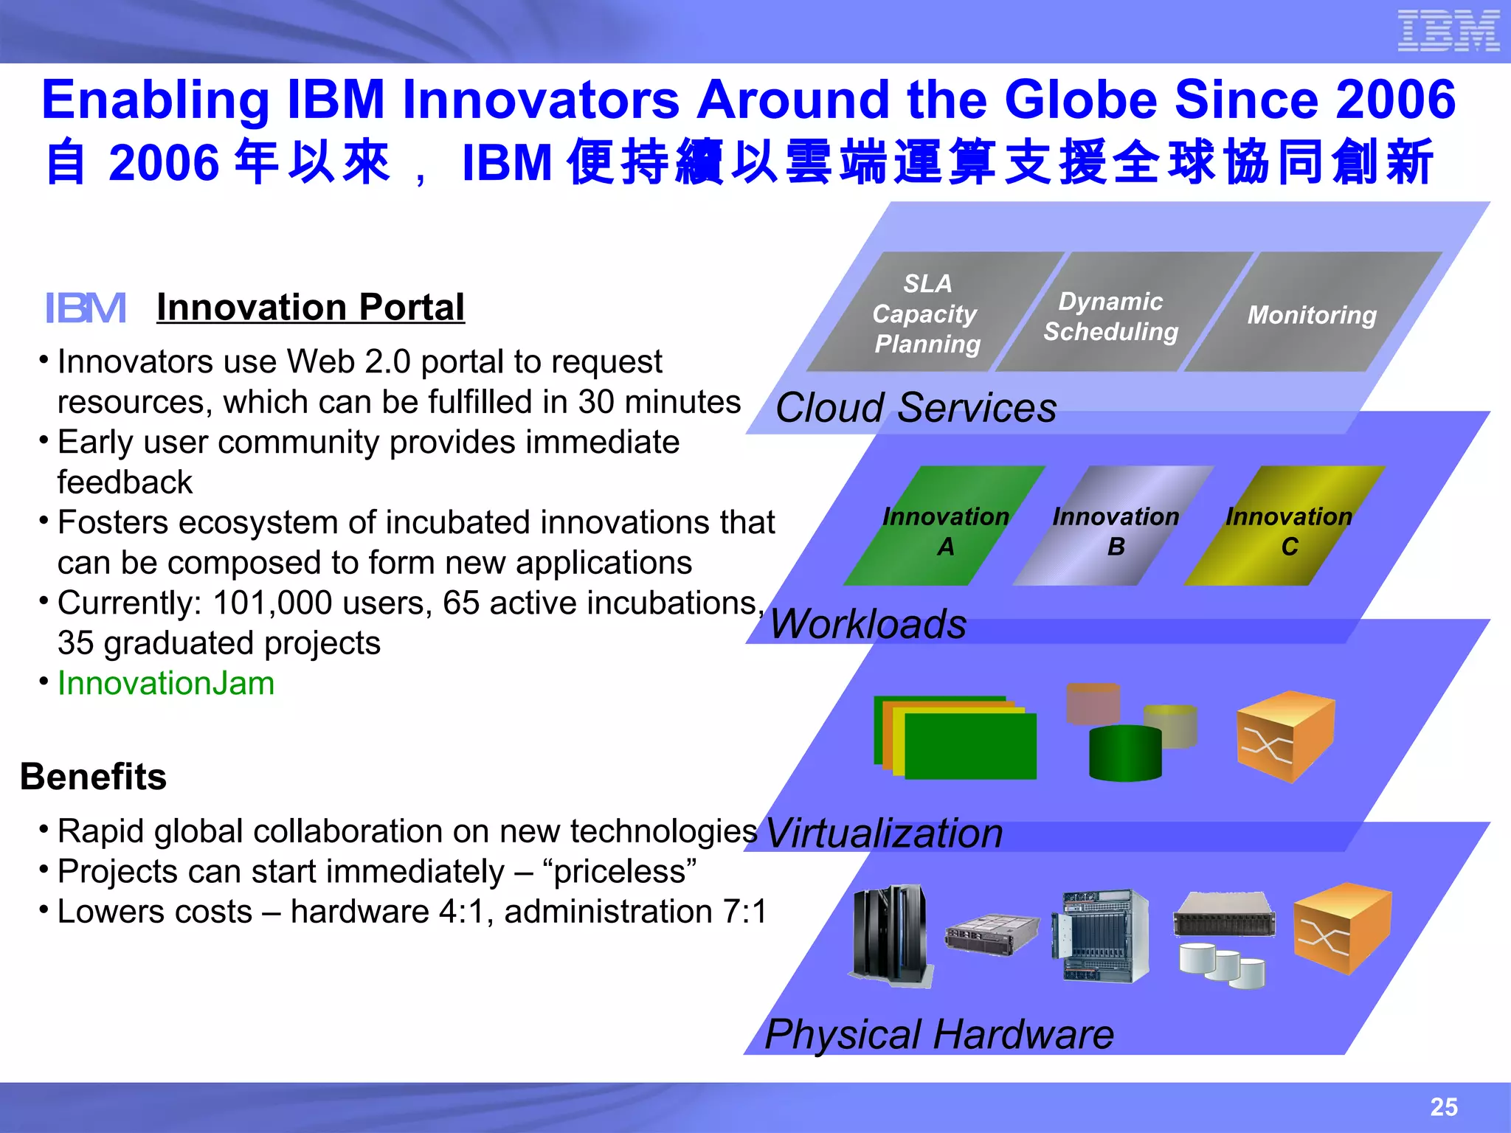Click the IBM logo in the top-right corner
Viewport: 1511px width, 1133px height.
point(1448,31)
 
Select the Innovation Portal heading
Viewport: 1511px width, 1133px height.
point(311,308)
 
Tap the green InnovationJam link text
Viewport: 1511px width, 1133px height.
point(166,683)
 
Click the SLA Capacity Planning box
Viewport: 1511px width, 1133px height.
point(927,313)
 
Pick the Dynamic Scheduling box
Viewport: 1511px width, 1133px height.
point(1111,316)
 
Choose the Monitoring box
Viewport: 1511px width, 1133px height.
point(1312,315)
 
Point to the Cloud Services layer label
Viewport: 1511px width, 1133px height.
point(916,408)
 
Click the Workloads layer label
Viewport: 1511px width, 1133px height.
point(868,624)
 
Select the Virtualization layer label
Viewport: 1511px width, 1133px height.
point(884,834)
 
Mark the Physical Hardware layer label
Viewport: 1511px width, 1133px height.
point(938,1034)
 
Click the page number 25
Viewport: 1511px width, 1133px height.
point(1443,1106)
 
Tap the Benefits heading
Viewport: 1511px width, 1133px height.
point(94,777)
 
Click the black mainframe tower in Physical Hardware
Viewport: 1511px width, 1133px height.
point(890,935)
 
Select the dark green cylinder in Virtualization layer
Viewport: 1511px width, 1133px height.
point(1125,753)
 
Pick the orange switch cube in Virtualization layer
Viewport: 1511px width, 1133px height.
point(1285,736)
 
